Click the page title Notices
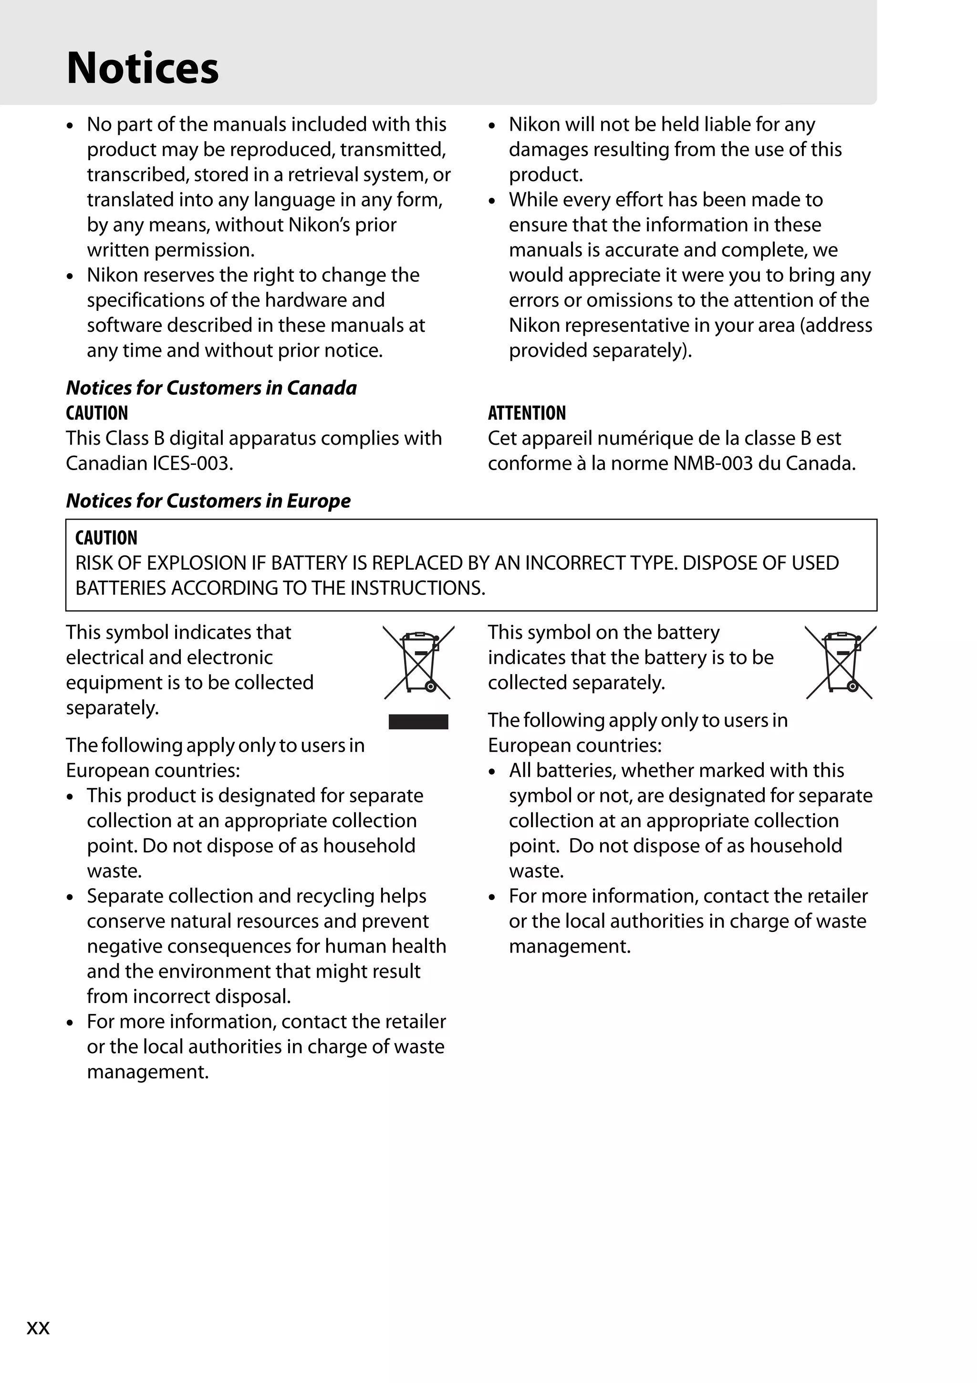point(142,68)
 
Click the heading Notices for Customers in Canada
point(211,388)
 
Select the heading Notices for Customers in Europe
point(208,501)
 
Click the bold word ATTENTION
point(526,413)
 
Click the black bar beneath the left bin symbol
point(418,722)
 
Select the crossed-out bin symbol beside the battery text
point(840,662)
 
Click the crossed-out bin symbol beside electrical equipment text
point(418,662)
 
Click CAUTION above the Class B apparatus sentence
point(96,413)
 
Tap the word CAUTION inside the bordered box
point(106,538)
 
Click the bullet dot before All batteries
point(492,772)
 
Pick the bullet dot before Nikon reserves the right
point(71,277)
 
